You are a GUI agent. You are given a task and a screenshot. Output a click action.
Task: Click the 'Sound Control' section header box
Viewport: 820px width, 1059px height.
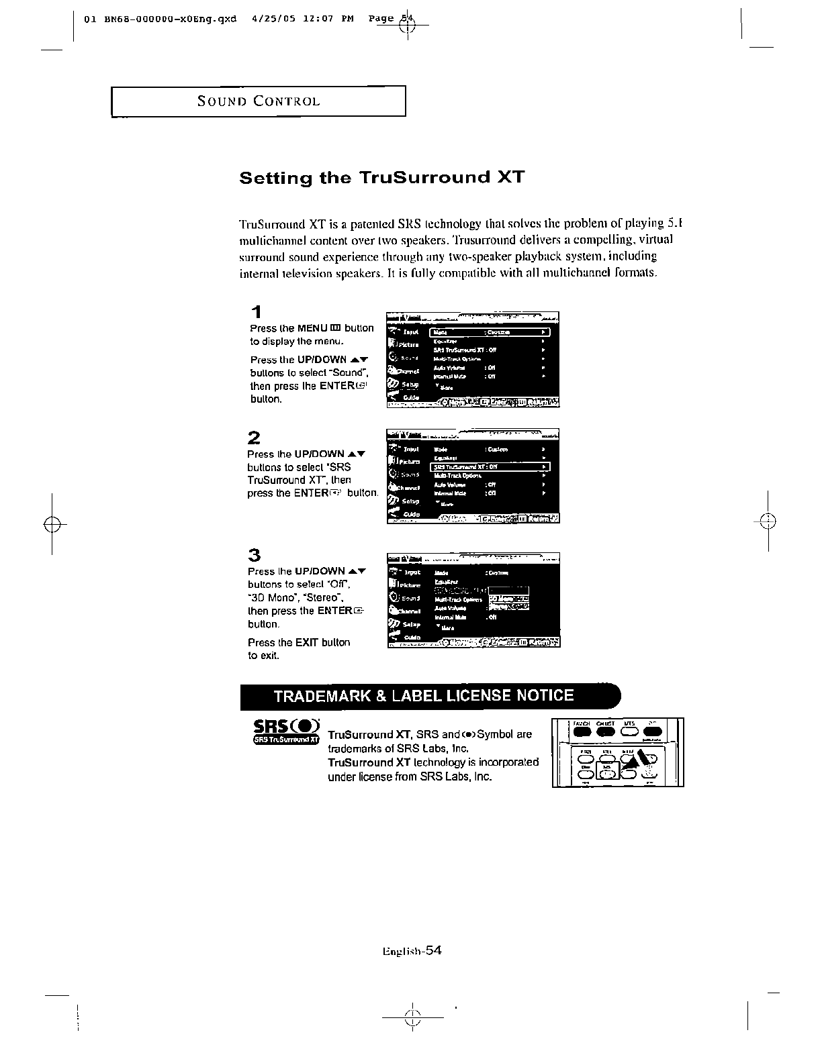[x=259, y=101]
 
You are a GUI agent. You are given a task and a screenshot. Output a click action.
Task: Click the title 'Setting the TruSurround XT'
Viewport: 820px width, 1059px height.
[x=381, y=178]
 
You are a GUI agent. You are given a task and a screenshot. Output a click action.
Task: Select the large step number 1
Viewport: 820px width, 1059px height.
[x=255, y=312]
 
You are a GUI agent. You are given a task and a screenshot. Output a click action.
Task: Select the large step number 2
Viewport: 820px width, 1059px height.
[x=254, y=438]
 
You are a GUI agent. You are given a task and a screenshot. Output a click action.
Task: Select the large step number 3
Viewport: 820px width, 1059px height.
[x=254, y=555]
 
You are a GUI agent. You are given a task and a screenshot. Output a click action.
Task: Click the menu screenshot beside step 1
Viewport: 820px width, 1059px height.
[x=473, y=360]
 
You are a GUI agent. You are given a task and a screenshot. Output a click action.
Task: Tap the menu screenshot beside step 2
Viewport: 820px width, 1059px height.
[x=473, y=476]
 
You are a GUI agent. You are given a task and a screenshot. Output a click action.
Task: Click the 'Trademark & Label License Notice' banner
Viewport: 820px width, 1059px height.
[x=430, y=696]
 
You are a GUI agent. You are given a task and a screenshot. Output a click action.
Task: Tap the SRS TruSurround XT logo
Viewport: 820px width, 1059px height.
[x=286, y=732]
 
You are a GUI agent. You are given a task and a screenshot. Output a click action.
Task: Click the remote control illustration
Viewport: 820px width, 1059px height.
[x=617, y=752]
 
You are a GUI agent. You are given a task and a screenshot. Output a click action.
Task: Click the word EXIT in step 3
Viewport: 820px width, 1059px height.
[x=307, y=642]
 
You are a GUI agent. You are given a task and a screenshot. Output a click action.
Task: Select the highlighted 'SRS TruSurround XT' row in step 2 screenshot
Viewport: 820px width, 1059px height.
[x=490, y=467]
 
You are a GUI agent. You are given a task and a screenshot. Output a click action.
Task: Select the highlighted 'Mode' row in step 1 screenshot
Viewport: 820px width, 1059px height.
[x=490, y=332]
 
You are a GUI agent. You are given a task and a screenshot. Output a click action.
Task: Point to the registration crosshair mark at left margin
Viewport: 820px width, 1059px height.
[x=52, y=523]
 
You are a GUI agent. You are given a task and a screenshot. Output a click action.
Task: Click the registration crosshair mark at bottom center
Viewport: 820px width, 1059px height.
[x=413, y=1018]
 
